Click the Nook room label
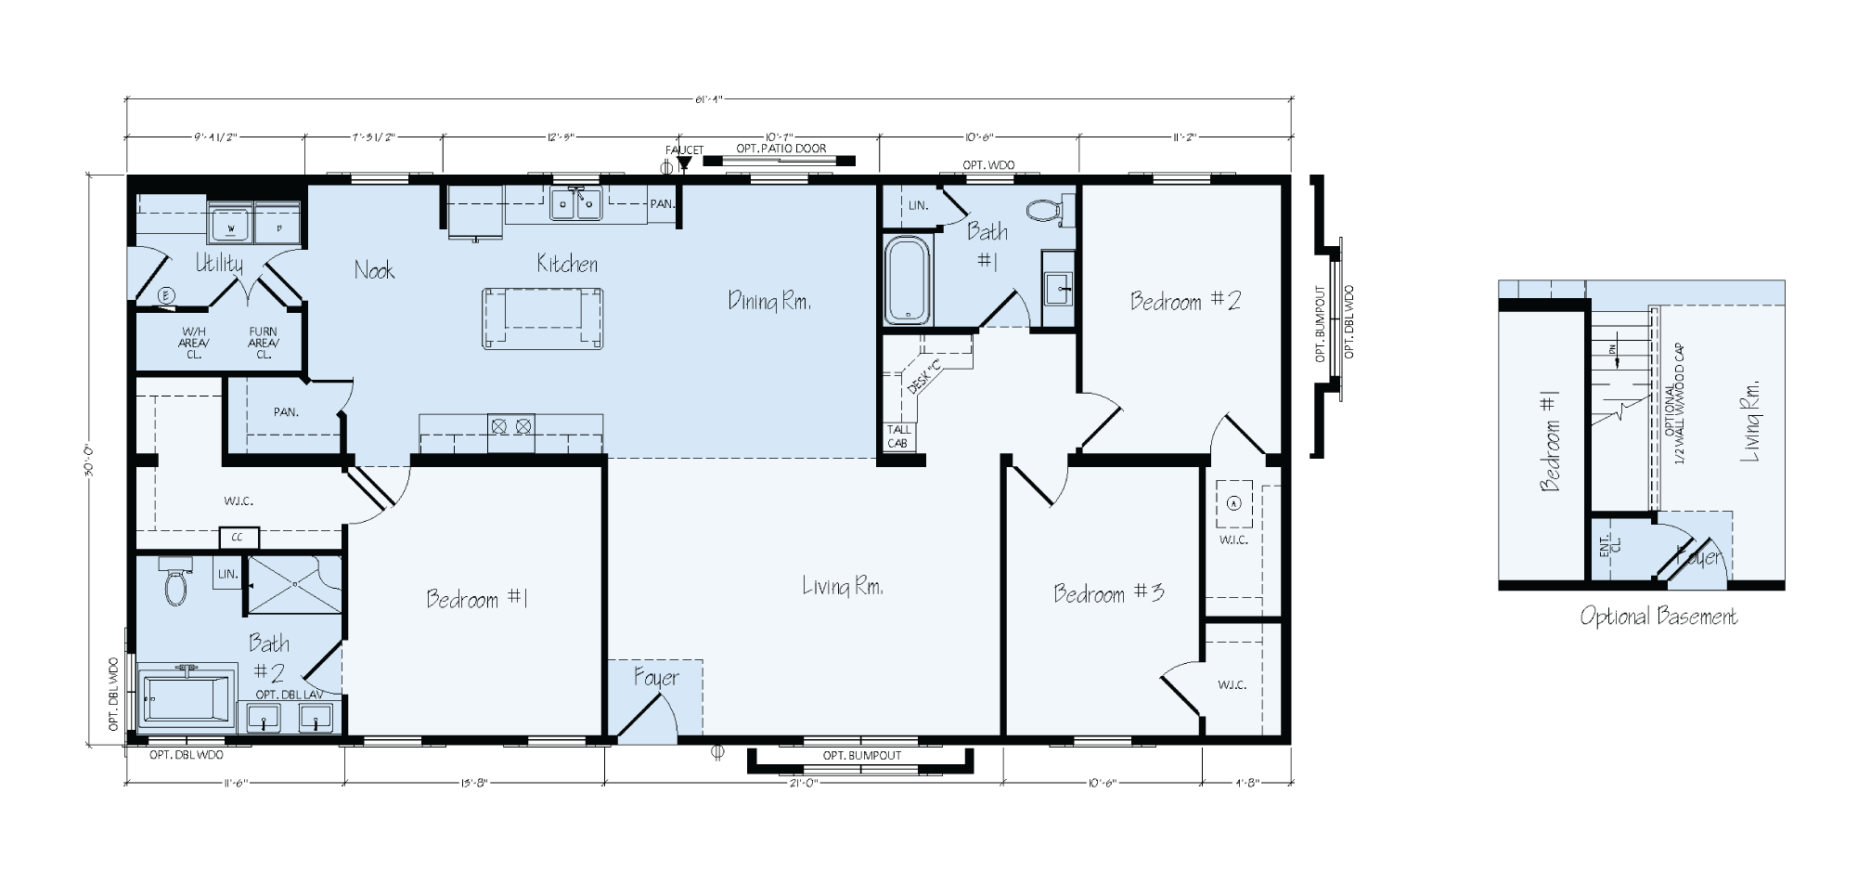(374, 270)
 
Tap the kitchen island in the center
(542, 318)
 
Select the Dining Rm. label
(769, 301)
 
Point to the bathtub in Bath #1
(907, 280)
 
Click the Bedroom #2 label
(1185, 301)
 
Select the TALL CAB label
(898, 436)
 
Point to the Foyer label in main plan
(656, 678)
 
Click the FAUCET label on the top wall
(684, 149)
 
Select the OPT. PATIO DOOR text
(781, 149)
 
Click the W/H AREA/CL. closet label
(195, 342)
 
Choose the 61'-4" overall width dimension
(709, 100)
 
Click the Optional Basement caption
(1658, 617)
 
